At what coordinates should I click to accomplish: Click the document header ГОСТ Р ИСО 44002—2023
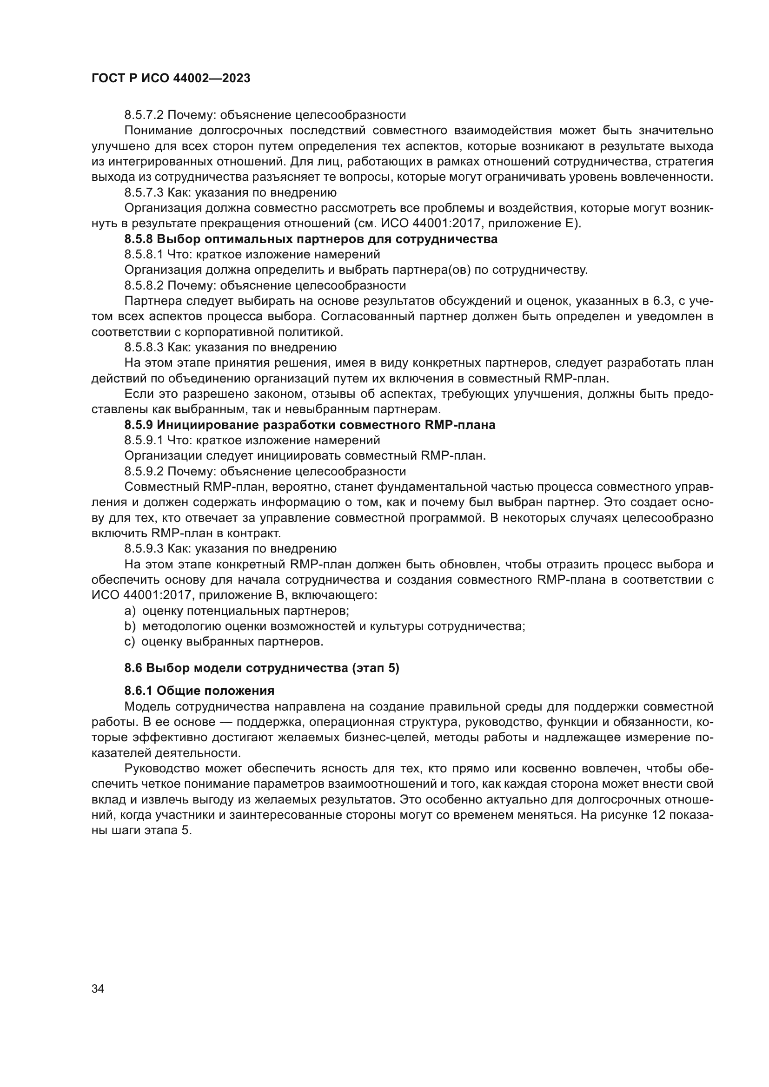pos(171,79)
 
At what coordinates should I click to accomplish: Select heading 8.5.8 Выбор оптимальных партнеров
pos(311,239)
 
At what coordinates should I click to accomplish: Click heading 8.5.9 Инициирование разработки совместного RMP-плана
pos(310,425)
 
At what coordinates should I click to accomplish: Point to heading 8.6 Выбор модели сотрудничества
pos(261,668)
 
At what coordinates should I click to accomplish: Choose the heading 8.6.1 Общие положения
pos(199,691)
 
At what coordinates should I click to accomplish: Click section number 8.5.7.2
pos(144,115)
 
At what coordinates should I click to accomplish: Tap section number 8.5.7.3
pos(144,193)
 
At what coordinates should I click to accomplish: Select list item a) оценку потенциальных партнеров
pos(237,611)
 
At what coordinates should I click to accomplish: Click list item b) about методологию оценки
pos(325,626)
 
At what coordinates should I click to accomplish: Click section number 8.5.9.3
pos(144,549)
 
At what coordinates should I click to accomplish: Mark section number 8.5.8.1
pos(144,255)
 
